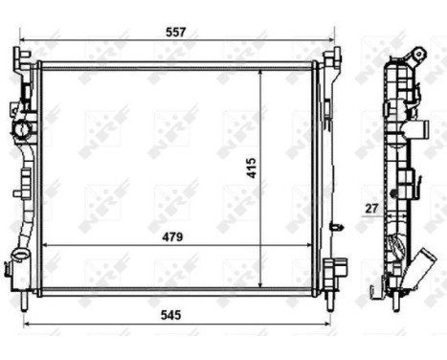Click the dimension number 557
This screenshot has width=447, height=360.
174,32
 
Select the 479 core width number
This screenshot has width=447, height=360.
171,236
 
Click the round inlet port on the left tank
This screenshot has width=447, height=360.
22,127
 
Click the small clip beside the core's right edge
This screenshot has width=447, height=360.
336,227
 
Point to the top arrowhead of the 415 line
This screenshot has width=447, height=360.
260,73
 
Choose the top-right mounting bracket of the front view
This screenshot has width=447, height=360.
330,61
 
